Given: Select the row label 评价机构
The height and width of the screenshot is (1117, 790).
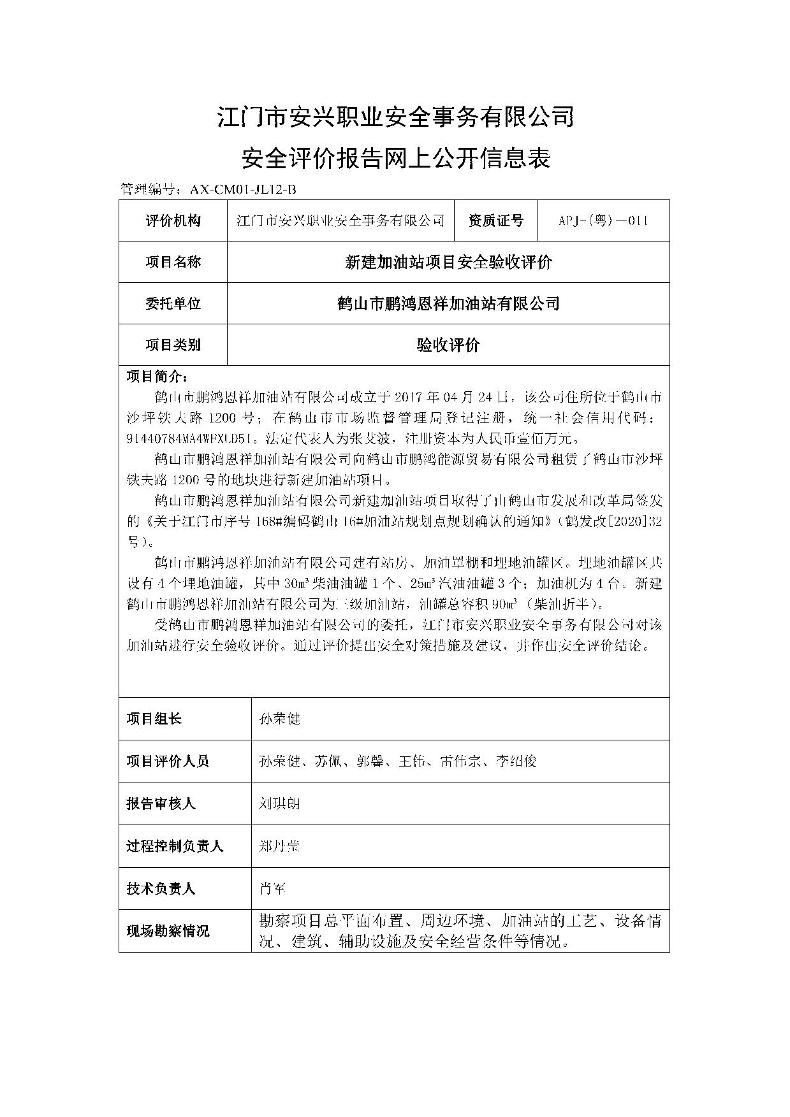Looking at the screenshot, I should click(x=173, y=220).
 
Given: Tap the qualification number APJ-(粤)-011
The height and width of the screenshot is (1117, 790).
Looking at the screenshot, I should click(x=603, y=220).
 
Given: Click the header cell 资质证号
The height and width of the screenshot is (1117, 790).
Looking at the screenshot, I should click(x=495, y=220).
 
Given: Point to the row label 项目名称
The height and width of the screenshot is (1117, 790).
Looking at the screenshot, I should click(x=173, y=262).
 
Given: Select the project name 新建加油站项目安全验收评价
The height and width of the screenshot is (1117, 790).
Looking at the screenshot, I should click(x=448, y=262).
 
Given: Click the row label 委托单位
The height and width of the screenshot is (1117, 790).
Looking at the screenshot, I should click(x=173, y=303).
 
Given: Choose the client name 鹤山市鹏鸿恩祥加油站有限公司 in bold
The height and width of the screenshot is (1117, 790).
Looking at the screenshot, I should click(x=448, y=303).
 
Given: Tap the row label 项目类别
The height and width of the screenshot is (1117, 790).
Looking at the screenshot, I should click(x=173, y=345).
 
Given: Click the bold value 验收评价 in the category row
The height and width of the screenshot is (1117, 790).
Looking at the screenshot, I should click(x=448, y=345).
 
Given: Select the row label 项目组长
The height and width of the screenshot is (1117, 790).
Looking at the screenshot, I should click(x=154, y=719).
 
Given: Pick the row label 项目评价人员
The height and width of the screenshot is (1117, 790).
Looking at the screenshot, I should click(x=168, y=761).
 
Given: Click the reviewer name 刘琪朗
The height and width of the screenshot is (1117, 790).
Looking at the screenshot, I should click(x=279, y=804).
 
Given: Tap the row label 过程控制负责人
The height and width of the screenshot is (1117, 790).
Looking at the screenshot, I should click(x=175, y=846).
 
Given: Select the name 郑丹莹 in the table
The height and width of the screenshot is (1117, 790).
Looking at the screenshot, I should click(x=279, y=846).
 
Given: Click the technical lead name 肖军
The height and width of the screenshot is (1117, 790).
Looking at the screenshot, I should click(x=272, y=888).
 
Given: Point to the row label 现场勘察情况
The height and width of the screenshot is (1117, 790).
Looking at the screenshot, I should click(x=168, y=931).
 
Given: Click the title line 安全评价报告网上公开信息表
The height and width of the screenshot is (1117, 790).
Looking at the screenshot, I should click(x=395, y=157).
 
